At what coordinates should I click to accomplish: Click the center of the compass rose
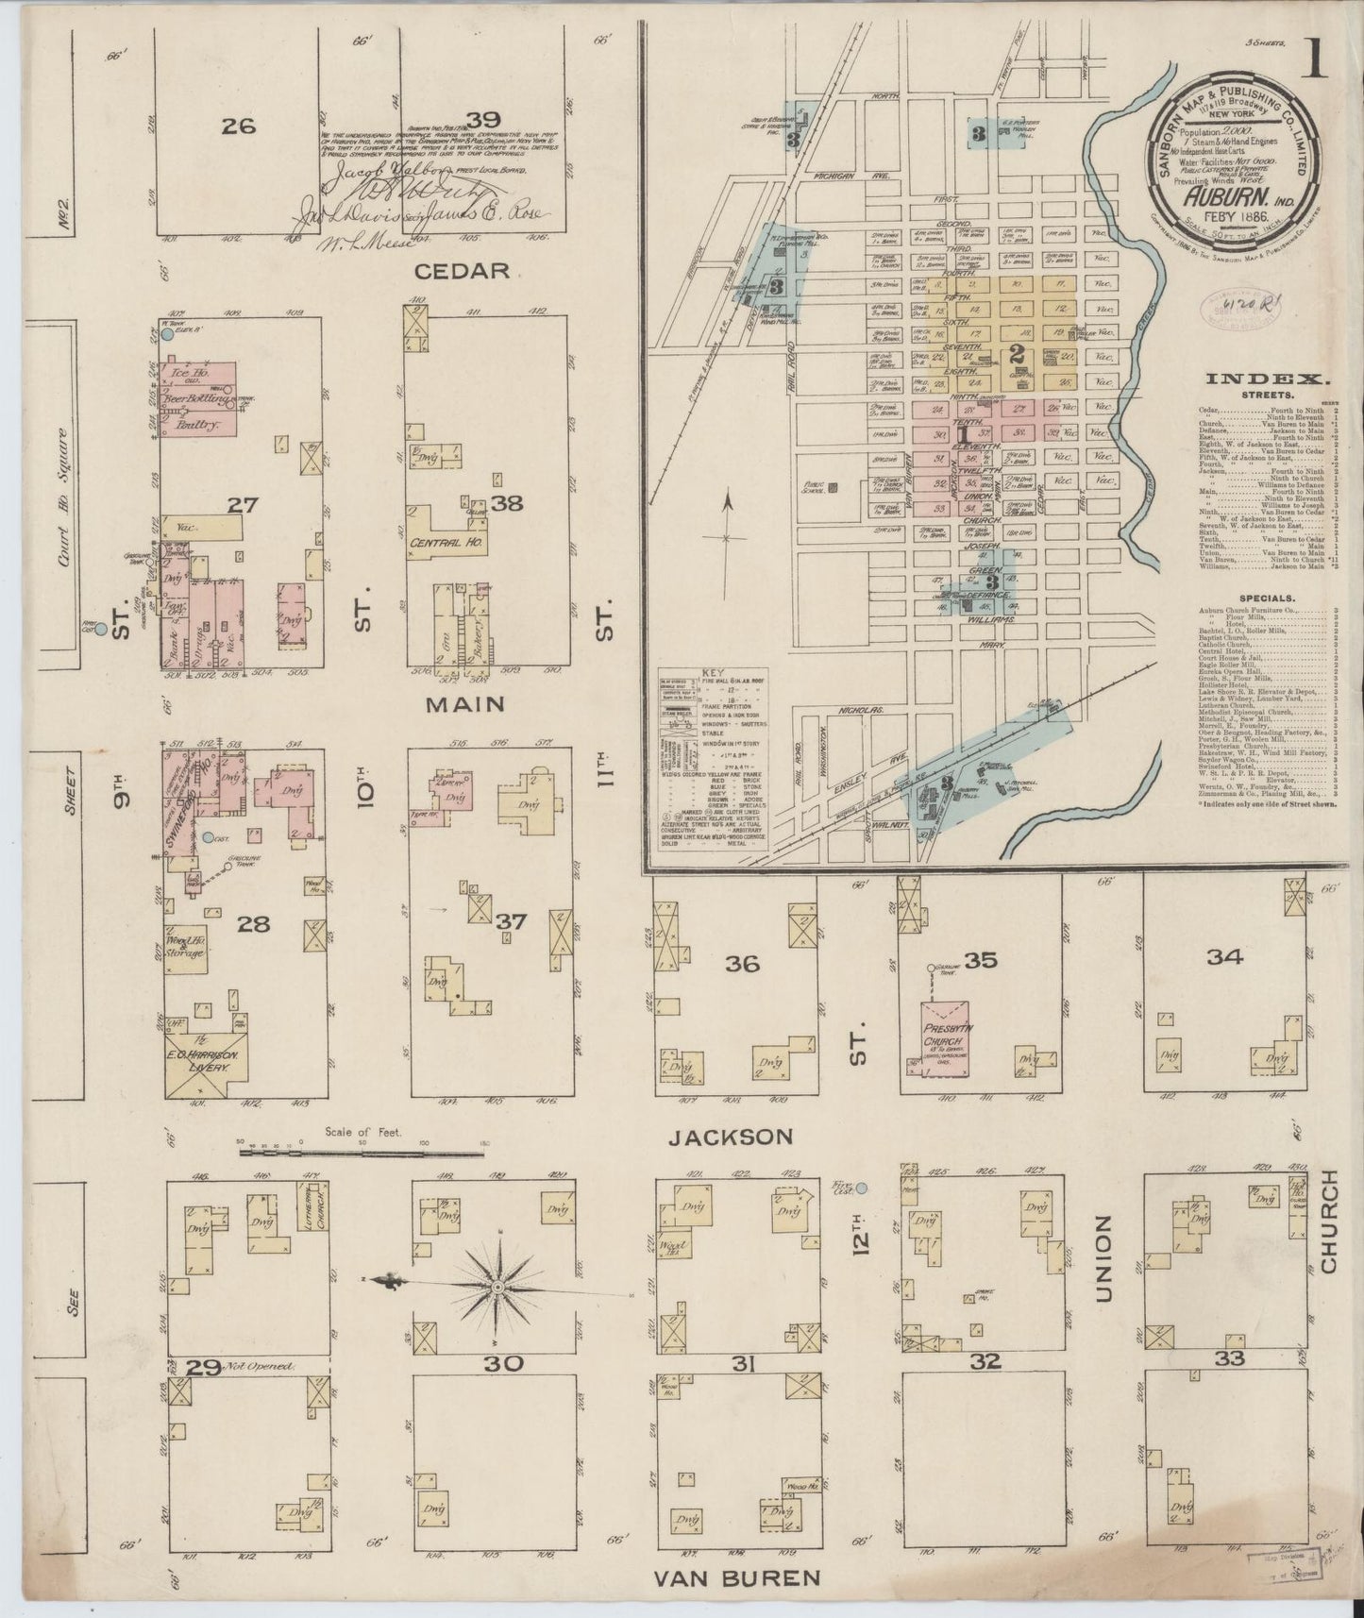point(497,1287)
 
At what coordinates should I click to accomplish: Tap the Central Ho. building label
point(442,544)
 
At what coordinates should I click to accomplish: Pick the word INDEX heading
point(1268,379)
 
